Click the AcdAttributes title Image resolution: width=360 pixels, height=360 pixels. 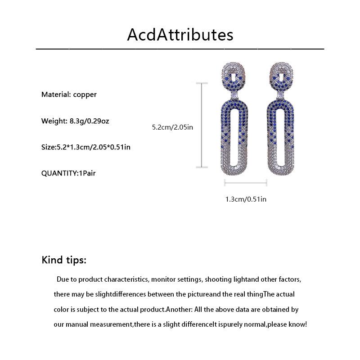tap(180, 34)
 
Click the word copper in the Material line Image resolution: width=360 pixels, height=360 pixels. tap(85, 94)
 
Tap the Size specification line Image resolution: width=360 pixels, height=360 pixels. tap(86, 147)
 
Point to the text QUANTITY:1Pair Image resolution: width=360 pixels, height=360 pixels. tap(68, 173)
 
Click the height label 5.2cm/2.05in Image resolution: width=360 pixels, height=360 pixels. tap(172, 127)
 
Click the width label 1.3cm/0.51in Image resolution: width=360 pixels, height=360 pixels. tap(246, 199)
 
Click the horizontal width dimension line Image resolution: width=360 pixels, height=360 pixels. tap(246, 182)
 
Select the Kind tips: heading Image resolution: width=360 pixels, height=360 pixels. tap(64, 260)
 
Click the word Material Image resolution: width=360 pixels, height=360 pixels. tap(55, 94)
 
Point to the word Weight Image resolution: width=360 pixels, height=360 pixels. tap(54, 121)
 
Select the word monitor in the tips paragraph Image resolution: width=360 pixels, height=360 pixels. tap(163, 279)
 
